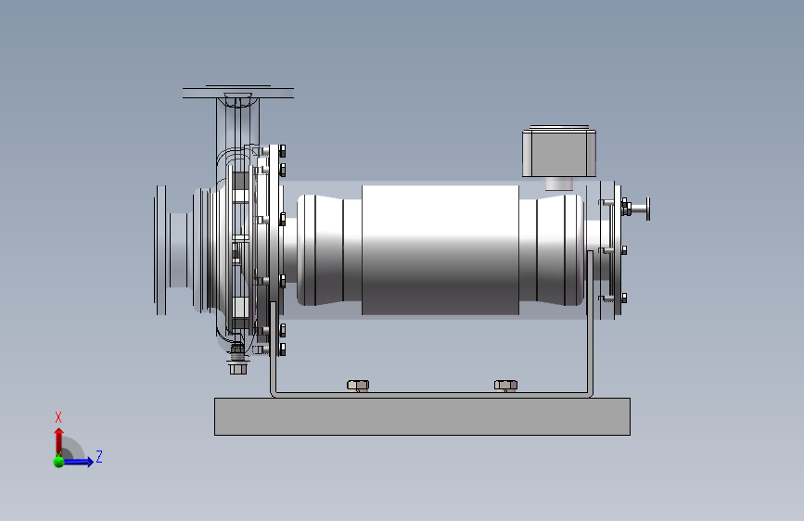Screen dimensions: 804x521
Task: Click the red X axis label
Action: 57,417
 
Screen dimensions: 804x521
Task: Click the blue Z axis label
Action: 99,456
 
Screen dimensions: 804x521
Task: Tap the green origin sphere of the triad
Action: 58,462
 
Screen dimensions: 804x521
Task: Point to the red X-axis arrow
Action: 59,441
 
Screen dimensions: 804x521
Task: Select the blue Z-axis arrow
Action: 78,462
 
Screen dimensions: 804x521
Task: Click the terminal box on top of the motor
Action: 559,153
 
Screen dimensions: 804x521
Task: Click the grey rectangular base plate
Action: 422,416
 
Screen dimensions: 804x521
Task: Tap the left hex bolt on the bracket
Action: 358,385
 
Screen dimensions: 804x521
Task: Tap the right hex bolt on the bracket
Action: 505,385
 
